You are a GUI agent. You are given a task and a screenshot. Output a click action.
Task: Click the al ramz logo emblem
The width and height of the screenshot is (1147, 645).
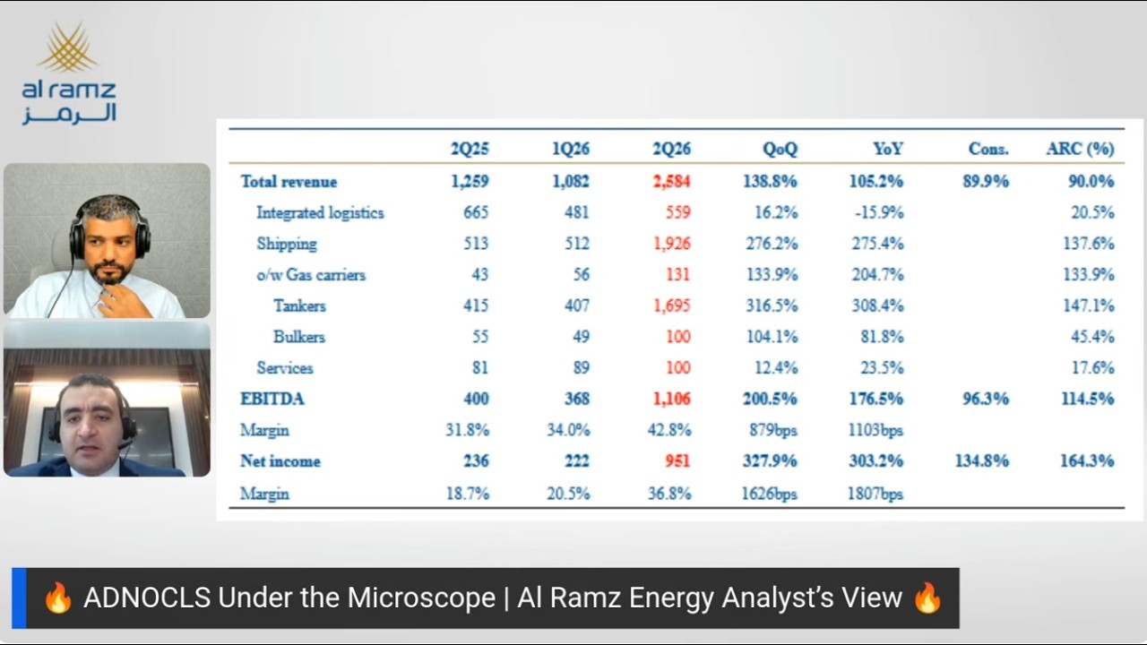68,47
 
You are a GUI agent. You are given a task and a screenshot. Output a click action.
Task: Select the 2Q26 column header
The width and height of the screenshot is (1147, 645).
671,149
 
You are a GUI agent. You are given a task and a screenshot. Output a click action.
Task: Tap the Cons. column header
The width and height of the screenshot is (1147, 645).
988,149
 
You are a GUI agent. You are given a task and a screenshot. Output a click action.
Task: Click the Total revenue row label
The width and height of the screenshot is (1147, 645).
289,182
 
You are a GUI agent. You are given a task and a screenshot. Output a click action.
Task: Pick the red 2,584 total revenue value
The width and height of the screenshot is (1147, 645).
671,181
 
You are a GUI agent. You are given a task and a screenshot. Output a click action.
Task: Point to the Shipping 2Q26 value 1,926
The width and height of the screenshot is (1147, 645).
672,244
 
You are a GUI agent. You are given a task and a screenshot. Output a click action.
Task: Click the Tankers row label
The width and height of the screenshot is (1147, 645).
299,306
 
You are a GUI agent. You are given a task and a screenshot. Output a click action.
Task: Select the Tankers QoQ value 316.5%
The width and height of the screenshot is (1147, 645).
772,306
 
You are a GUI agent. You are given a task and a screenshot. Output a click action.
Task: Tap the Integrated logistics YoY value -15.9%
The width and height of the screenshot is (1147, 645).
879,212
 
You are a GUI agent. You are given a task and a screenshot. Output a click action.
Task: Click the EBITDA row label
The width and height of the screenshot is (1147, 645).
272,399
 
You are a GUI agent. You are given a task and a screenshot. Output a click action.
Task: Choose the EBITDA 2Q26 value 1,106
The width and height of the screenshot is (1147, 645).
672,399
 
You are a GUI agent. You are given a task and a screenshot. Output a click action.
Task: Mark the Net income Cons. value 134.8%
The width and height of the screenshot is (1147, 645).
982,461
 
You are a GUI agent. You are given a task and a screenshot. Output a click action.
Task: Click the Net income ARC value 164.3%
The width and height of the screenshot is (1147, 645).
1087,461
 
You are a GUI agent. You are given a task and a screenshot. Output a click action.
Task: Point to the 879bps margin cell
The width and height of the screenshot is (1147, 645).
773,430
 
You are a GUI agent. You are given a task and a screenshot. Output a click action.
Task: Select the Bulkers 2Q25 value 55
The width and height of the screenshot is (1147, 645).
479,337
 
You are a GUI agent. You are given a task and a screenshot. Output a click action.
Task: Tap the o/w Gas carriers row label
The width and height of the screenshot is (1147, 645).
311,275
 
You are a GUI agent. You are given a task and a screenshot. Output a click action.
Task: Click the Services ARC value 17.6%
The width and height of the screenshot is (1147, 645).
1092,368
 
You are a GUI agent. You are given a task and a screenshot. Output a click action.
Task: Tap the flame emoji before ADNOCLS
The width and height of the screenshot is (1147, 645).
58,598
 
